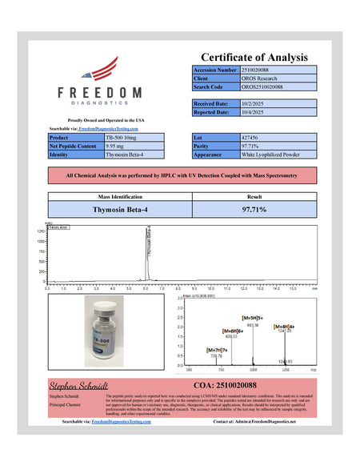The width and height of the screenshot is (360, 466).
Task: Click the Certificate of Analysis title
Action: point(254,57)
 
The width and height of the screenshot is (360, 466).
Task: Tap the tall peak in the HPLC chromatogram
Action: point(147,252)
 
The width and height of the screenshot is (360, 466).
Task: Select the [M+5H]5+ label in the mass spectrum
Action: point(254,319)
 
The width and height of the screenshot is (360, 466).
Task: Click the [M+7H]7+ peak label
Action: point(217,350)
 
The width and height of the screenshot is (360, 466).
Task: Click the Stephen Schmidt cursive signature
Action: point(78,385)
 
